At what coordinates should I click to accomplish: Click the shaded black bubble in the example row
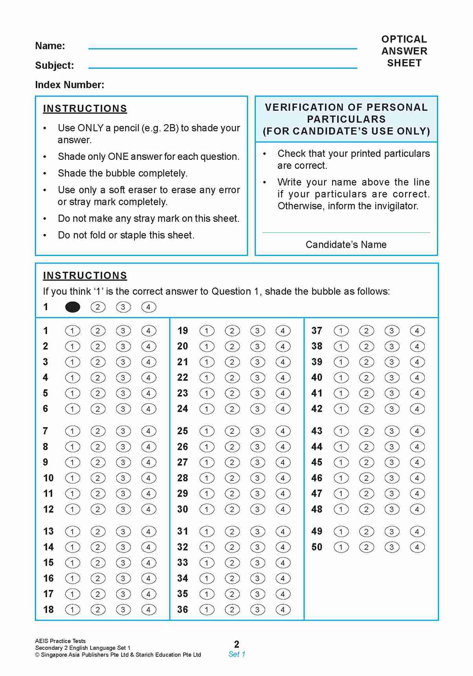point(73,307)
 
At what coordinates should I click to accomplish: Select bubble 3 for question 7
point(123,431)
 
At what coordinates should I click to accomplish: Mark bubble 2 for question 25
point(232,431)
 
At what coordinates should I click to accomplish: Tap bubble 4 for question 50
point(417,547)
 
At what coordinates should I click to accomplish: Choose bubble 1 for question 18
point(72,610)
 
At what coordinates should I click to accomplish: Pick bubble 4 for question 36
point(283,610)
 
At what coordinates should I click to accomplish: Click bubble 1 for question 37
point(341,331)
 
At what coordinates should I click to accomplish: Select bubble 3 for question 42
point(391,409)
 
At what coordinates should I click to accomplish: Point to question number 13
point(48,531)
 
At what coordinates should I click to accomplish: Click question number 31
point(182,531)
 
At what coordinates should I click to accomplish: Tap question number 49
point(317,531)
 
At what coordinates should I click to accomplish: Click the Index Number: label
point(69,85)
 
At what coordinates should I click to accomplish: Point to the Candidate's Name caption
point(346,245)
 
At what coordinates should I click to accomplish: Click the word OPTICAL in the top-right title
point(404,39)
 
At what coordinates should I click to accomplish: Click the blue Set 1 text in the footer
point(236,654)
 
